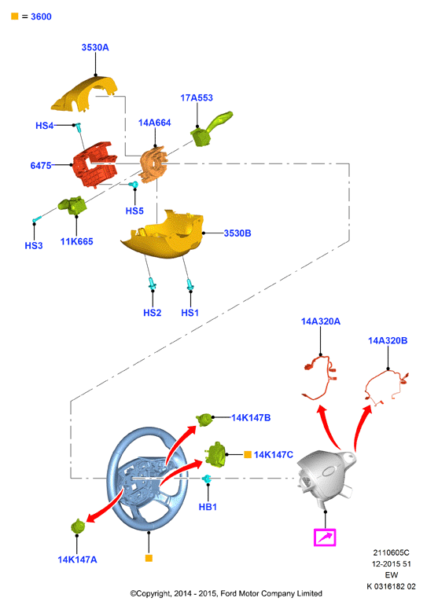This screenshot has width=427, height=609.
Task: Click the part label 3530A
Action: pos(95,47)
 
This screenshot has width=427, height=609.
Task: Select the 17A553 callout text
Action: pos(197,98)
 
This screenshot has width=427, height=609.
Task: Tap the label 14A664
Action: pos(155,123)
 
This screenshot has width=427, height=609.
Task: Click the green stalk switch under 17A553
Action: pos(210,130)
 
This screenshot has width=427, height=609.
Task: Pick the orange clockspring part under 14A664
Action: pos(153,164)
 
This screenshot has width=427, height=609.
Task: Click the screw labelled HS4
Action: pos(78,127)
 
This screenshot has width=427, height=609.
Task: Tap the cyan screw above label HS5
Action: pos(134,185)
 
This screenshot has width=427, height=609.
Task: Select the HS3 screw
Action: pos(37,220)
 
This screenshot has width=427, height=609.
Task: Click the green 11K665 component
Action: pos(72,205)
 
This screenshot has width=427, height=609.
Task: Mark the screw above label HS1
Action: pos(190,284)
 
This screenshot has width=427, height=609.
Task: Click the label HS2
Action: pos(153,313)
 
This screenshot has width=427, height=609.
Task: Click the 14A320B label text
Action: pos(388,341)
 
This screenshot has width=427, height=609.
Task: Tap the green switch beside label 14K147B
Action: pos(204,420)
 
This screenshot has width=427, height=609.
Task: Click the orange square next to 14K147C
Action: pos(248,454)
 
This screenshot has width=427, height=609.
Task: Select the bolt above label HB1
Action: pos(206,479)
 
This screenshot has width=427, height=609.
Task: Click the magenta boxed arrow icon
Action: pos(325,537)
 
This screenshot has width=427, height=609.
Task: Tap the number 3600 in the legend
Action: pos(41,17)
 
